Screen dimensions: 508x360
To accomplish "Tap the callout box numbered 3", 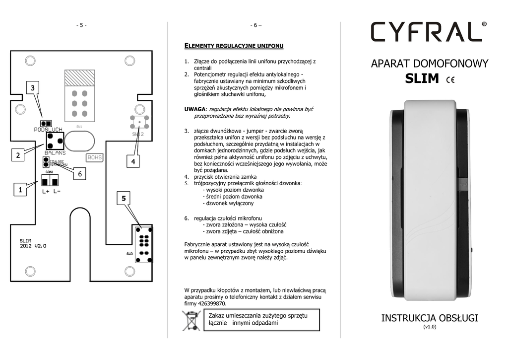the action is click(33, 88).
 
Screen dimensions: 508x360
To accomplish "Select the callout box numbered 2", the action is click(18, 155).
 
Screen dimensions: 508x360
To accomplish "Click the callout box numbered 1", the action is click(20, 190).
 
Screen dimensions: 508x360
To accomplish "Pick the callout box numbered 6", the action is click(79, 174).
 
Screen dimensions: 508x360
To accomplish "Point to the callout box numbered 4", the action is click(133, 162).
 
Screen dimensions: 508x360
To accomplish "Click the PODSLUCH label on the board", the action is click(48, 130).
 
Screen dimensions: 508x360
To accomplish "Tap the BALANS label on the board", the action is click(55, 153).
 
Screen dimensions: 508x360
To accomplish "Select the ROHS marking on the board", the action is click(94, 157).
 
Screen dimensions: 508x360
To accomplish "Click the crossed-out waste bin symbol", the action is click(191, 320).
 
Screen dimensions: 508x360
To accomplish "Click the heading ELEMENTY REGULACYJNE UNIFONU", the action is click(234, 46).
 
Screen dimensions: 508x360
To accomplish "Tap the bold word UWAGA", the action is click(194, 109).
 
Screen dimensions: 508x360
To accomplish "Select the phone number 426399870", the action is click(212, 303).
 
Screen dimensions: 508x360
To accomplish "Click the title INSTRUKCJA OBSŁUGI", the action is click(430, 318).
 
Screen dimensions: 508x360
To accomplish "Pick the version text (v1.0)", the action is click(430, 327).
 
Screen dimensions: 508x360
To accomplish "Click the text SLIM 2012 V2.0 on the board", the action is click(33, 243).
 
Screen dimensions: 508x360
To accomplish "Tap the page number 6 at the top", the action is click(256, 25).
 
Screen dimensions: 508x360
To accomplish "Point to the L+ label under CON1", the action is click(46, 191).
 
